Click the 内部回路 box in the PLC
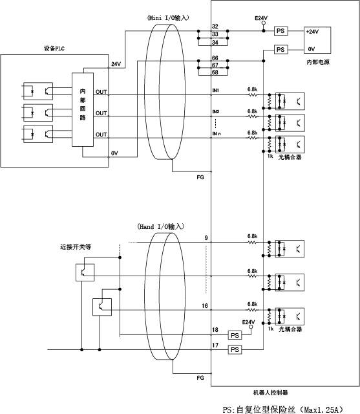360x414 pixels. point(83,109)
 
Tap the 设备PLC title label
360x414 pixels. point(54,49)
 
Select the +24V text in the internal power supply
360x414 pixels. point(312,32)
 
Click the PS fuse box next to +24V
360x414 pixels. point(281,31)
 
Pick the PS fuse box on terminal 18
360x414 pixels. point(235,335)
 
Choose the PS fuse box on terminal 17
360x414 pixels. point(235,350)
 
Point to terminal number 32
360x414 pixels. point(215,27)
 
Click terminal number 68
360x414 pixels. point(215,72)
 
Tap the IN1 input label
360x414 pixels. point(216,91)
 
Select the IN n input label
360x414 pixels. point(217,134)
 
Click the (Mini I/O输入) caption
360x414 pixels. point(168,17)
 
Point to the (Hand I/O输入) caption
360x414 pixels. point(161,226)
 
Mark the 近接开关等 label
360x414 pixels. point(76,247)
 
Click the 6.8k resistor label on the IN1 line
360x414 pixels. point(252,89)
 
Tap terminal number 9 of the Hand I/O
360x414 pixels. point(206,238)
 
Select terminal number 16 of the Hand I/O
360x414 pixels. point(205,306)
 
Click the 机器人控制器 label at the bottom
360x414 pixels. point(270,393)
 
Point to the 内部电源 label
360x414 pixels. point(318,62)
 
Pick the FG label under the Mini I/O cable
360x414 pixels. point(200,177)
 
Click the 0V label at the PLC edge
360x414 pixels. point(114,153)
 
